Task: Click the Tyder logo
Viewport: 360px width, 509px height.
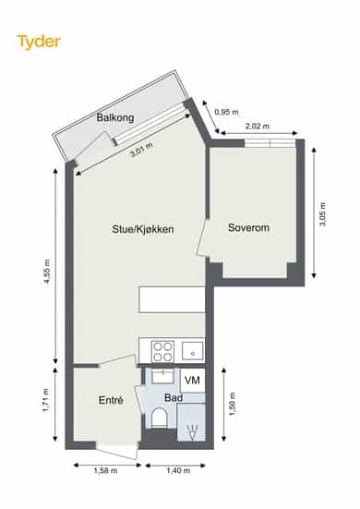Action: point(39,42)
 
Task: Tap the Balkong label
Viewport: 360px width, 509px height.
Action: point(115,117)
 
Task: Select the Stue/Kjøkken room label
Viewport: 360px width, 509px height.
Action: point(143,229)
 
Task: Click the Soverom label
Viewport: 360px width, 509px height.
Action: point(248,227)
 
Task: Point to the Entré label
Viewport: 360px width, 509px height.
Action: point(111,400)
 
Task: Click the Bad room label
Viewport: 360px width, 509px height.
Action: point(174,397)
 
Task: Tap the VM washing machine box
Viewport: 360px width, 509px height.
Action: point(192,380)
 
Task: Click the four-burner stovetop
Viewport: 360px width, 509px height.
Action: point(162,352)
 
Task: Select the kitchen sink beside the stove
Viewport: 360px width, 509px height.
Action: point(193,351)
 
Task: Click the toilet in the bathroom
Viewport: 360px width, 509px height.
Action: point(160,418)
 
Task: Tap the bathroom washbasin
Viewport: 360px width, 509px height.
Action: point(162,376)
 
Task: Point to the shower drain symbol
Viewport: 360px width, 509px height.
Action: point(192,432)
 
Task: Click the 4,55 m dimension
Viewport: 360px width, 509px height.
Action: point(47,272)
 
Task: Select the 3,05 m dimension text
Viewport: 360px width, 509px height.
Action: point(322,214)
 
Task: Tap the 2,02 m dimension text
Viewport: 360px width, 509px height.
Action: point(258,126)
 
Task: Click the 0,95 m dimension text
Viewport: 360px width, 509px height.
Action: point(226,112)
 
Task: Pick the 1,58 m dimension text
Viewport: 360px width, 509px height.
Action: point(106,470)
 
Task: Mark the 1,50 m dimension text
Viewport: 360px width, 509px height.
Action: point(233,404)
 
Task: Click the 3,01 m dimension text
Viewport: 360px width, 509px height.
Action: point(142,150)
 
